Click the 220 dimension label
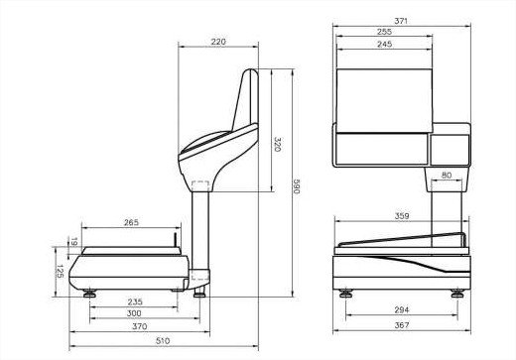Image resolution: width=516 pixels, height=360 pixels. [x=218, y=42]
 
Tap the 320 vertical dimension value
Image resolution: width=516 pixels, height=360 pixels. [x=278, y=144]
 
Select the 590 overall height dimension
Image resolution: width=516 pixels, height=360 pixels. [x=297, y=186]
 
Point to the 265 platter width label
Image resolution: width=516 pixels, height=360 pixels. [x=131, y=222]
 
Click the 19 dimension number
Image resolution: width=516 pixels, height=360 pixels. [x=74, y=242]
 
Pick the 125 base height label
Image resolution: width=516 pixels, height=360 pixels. [x=60, y=271]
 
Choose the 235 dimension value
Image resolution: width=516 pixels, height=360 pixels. [x=135, y=301]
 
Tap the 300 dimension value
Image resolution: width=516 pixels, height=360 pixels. [x=134, y=313]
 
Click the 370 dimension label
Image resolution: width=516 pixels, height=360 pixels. [x=140, y=326]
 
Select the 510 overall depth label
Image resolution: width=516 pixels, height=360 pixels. [x=163, y=341]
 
